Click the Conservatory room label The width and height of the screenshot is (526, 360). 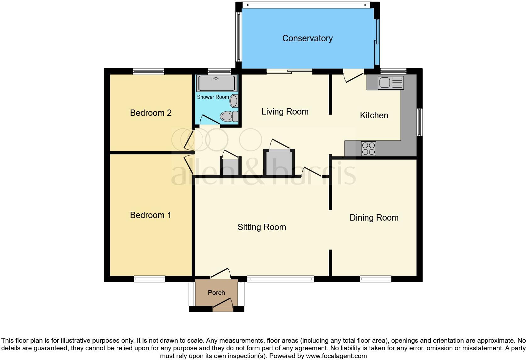pos(307,38)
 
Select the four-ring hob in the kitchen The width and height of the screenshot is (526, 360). pos(368,149)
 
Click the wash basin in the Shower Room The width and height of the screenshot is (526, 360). pos(234,101)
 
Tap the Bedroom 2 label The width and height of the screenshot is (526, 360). pos(151,113)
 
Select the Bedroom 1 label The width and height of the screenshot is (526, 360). pos(150,215)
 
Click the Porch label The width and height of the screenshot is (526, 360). pos(216,293)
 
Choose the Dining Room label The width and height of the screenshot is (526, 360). pos(374,217)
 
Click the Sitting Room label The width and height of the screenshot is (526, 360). pos(261,227)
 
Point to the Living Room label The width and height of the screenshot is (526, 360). pos(285,111)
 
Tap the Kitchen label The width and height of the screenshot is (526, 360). pos(374,115)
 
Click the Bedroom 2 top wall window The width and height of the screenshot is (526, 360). pos(148,71)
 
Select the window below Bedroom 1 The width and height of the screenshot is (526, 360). pos(149,279)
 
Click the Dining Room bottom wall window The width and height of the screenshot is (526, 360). pos(376,279)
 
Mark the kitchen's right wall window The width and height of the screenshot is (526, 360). pos(420,122)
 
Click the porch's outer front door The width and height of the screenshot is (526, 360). pos(223,305)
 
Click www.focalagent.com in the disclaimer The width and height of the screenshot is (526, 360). pos(336,356)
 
